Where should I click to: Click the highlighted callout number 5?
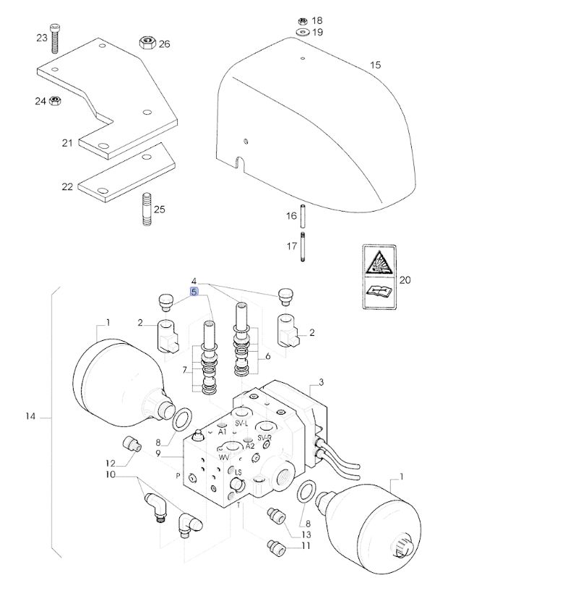(x=194, y=292)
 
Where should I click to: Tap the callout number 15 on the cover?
(x=375, y=66)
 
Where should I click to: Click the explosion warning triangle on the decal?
(x=379, y=261)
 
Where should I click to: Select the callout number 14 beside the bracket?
(x=30, y=417)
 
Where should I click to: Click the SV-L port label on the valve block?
(x=241, y=423)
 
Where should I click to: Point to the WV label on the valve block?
(x=225, y=457)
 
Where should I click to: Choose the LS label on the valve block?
(x=236, y=472)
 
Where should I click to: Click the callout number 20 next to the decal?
(x=404, y=280)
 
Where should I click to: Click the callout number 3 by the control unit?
(x=322, y=381)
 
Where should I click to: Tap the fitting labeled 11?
(x=274, y=548)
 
